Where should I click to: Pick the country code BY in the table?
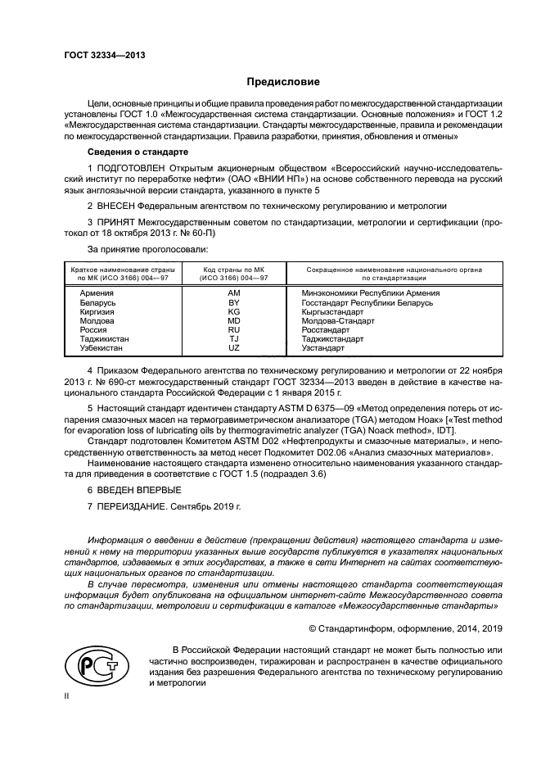point(233,302)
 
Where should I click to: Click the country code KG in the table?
point(233,311)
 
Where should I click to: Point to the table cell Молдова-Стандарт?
point(338,320)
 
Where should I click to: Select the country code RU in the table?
point(233,329)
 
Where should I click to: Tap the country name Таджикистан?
point(105,338)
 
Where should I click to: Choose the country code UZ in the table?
point(233,347)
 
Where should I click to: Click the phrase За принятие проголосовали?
point(147,247)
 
